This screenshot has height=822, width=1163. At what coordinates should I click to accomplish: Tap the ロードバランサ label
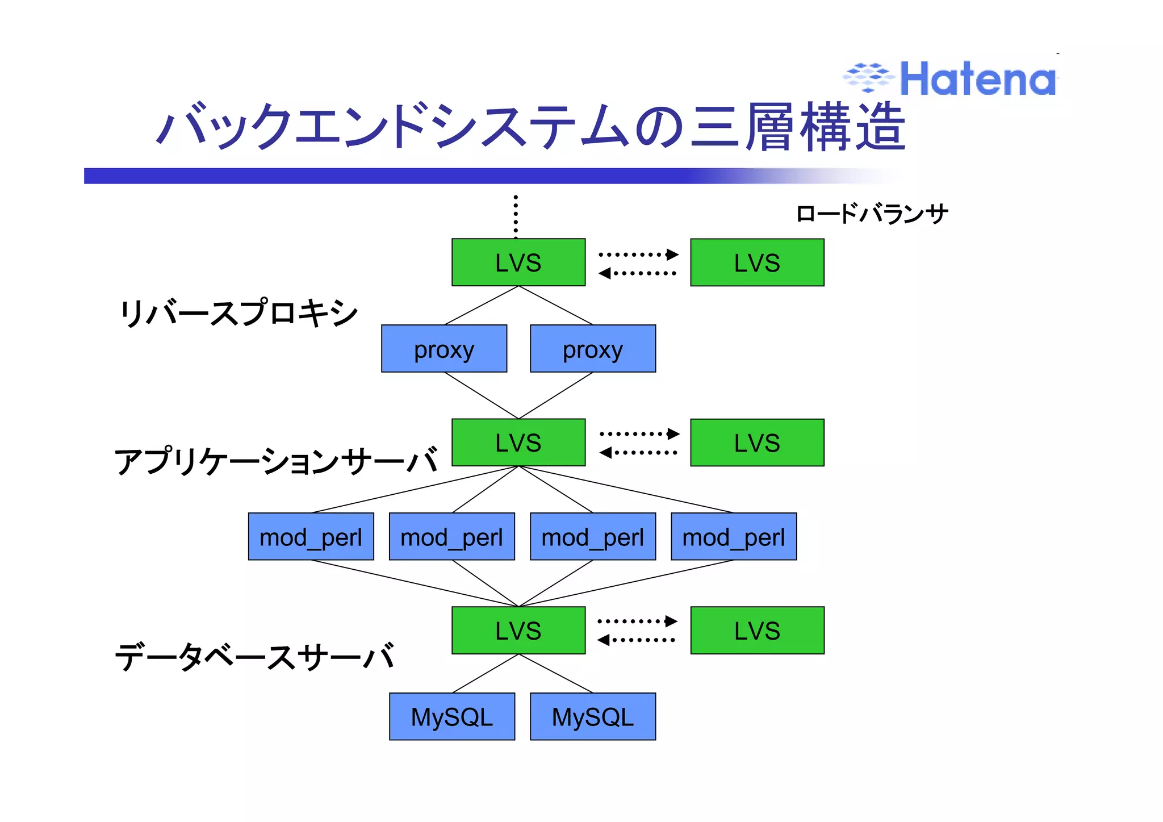pos(872,214)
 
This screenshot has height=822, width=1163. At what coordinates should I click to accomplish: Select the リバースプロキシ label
pos(239,313)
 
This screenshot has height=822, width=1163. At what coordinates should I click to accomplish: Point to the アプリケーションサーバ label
pos(276,461)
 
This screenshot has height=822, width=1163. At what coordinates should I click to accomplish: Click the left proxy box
pos(444,349)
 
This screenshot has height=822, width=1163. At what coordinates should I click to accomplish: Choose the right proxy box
pos(593,349)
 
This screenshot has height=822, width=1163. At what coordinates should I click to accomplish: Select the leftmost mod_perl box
pos(311,537)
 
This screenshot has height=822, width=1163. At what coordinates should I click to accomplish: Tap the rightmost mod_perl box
pos(734,537)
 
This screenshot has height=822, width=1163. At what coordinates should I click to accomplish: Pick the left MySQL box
pos(452,716)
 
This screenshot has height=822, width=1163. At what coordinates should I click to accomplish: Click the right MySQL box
pos(593,716)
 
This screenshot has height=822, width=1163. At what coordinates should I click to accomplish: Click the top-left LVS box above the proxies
pos(518,262)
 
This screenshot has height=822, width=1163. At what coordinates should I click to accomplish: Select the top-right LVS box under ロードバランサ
pos(757,262)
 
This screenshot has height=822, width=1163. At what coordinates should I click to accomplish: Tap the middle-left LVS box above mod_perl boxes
pos(518,443)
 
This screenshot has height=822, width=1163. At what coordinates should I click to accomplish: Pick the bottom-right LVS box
pos(757,631)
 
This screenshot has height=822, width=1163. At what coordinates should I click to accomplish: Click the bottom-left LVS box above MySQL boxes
pos(518,631)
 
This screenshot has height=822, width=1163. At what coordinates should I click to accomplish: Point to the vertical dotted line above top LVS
pos(516,216)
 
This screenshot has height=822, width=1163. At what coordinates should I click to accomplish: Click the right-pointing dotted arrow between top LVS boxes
pos(639,254)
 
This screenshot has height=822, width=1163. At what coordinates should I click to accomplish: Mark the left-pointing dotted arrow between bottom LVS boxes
pos(637,640)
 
